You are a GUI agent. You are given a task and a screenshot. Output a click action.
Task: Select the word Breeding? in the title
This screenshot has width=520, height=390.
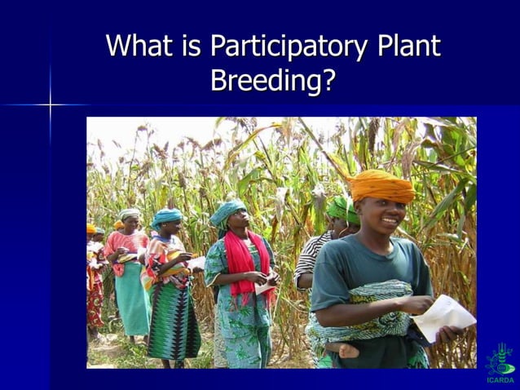click(273, 81)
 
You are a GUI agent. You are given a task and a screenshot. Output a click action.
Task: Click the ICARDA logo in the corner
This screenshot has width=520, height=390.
click(500, 364)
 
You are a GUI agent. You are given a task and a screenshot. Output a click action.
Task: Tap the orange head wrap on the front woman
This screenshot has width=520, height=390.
click(381, 187)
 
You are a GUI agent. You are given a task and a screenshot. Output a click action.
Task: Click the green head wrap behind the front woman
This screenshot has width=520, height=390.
click(342, 209)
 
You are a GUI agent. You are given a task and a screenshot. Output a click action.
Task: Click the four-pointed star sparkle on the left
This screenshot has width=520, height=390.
click(50, 105)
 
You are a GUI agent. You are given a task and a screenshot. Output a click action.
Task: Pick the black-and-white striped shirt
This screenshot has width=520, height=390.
click(309, 257)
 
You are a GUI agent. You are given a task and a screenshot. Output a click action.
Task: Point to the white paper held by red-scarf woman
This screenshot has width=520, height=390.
click(266, 286)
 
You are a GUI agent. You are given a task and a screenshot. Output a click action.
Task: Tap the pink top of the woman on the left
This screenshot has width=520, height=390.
click(126, 245)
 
